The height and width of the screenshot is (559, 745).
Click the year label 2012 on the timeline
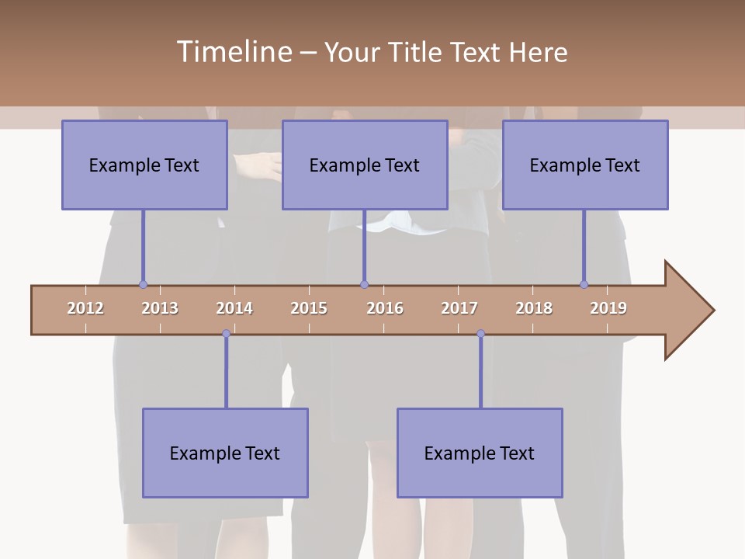pyautogui.click(x=85, y=308)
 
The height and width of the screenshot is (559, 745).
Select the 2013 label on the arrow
pyautogui.click(x=160, y=308)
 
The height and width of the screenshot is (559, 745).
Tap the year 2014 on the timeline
pyautogui.click(x=234, y=308)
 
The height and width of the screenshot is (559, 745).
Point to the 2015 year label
pyautogui.click(x=309, y=308)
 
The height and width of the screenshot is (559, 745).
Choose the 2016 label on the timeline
pyautogui.click(x=385, y=308)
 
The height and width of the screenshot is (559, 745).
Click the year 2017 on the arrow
pyautogui.click(x=459, y=308)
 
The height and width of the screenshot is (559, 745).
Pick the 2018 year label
pyautogui.click(x=534, y=308)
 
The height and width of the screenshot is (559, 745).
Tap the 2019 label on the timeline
pyautogui.click(x=608, y=308)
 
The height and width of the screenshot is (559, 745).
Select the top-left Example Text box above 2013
pyautogui.click(x=144, y=165)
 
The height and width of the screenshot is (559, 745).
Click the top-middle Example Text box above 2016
pyautogui.click(x=365, y=165)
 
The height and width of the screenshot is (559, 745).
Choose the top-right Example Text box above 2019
pyautogui.click(x=585, y=165)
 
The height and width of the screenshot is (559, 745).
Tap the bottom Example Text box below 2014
pyautogui.click(x=225, y=453)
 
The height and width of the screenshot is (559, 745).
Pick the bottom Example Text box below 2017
pyautogui.click(x=480, y=453)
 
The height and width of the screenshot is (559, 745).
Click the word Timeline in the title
pyautogui.click(x=233, y=52)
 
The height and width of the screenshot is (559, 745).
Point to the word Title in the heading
pyautogui.click(x=417, y=52)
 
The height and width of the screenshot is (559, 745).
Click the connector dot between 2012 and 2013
pyautogui.click(x=143, y=284)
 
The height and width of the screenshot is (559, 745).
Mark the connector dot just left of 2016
pyautogui.click(x=364, y=284)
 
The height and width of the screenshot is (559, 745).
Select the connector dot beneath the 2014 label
pyautogui.click(x=226, y=334)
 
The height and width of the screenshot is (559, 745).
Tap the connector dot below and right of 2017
pyautogui.click(x=480, y=334)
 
